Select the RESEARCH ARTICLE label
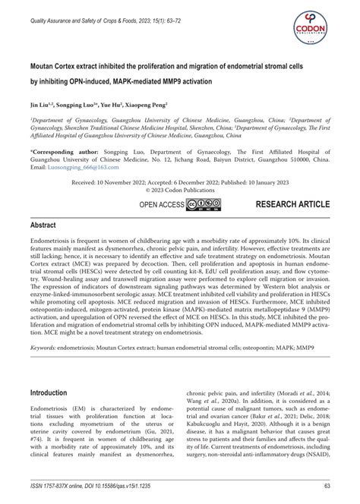(292, 205)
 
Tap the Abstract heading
(46, 226)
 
